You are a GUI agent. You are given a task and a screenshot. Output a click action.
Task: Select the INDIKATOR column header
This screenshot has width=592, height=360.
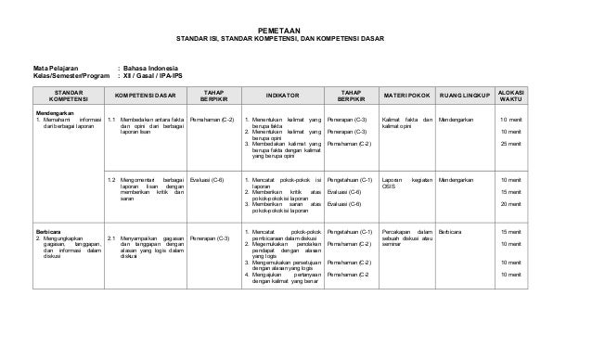277,96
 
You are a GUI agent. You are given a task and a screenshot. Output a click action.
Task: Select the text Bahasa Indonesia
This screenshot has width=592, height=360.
154,68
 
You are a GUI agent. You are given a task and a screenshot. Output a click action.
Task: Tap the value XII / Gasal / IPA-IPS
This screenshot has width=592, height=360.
163,76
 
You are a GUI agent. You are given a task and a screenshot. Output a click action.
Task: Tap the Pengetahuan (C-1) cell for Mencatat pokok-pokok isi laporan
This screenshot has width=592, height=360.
351,178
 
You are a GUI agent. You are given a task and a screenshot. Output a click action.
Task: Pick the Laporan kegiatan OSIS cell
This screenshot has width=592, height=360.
406,182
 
